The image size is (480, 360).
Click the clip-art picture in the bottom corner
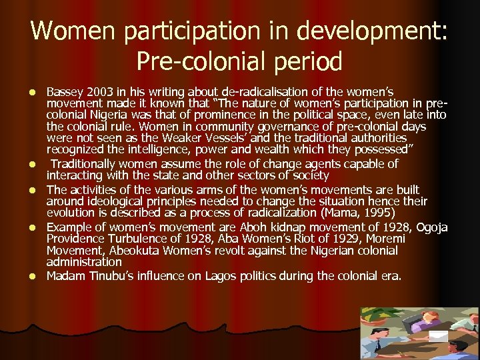coord(419,333)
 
